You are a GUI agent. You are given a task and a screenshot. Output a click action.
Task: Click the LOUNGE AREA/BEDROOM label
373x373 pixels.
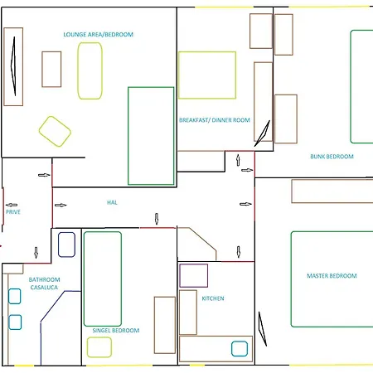pos(99,35)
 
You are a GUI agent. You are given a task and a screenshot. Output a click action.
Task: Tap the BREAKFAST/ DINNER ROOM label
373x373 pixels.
pos(215,120)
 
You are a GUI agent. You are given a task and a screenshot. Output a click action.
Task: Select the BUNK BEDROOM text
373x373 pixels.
pos(332,157)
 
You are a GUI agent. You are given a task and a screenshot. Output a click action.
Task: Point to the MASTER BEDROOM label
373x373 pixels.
pos(332,276)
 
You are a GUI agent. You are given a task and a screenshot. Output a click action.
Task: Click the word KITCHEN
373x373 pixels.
pos(213,298)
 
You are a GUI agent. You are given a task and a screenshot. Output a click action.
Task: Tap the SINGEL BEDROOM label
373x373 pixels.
pos(116,331)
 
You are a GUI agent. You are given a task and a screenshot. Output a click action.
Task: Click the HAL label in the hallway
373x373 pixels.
pos(112,202)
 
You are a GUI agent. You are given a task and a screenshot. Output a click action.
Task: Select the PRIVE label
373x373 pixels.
pos(13,212)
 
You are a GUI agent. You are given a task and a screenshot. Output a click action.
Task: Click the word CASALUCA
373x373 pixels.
pos(44,288)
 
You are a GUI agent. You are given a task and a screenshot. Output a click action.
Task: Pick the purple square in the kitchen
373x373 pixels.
pos(194,275)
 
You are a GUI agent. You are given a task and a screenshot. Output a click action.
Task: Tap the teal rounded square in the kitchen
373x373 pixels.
pos(240,349)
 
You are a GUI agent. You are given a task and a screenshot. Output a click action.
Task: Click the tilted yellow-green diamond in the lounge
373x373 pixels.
pos(55,131)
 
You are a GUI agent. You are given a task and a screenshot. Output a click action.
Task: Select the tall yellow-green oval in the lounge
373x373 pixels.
pos(90,70)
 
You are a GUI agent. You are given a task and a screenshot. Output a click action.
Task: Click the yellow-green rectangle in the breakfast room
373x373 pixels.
pos(207,75)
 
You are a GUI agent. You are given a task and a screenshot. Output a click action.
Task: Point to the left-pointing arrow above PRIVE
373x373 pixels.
pos(12,205)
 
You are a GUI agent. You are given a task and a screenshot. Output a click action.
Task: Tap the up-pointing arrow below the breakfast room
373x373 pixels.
pos(238,160)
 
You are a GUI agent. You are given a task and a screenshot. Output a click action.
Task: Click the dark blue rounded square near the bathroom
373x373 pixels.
pos(66,245)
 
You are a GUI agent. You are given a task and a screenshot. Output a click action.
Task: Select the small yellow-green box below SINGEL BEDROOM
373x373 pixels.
pos(99,347)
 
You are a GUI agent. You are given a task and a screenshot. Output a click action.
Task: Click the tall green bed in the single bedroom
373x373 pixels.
pos(103,279)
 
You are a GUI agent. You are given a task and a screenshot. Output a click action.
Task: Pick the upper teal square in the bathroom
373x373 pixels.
pos(15,296)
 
